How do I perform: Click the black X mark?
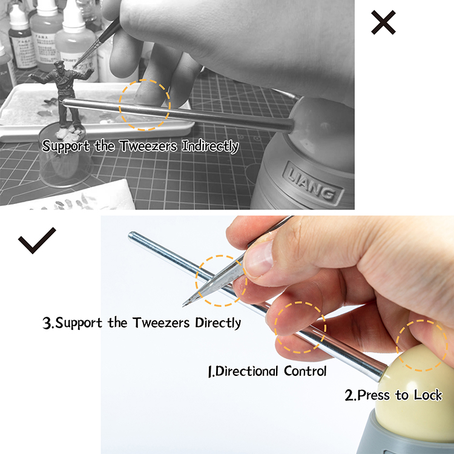point(383,22)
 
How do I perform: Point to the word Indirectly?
point(210,146)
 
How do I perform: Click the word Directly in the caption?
point(218,323)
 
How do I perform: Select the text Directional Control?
point(267,371)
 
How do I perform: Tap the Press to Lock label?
point(393,395)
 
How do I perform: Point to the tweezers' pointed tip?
point(183,305)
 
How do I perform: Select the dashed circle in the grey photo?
point(145,80)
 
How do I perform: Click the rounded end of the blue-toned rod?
point(131,235)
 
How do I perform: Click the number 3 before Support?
point(47,323)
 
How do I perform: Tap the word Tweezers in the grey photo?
point(148,146)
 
